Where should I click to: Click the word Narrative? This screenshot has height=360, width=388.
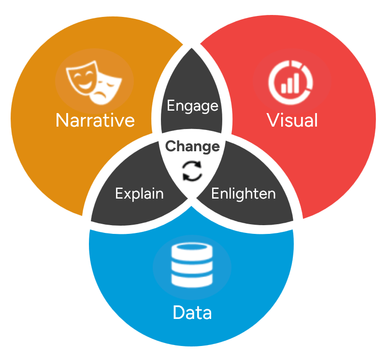click(x=95, y=120)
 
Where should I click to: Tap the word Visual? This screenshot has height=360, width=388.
click(x=292, y=120)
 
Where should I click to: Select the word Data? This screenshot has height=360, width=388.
click(x=192, y=313)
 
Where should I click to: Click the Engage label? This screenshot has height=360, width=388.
click(x=192, y=105)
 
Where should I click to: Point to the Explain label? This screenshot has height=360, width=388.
click(x=139, y=194)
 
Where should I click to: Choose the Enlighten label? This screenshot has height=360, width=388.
click(x=244, y=194)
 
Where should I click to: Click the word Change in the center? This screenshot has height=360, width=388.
click(x=192, y=146)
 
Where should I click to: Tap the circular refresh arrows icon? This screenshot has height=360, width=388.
click(x=192, y=171)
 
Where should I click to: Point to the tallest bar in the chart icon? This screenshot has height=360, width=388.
click(x=295, y=82)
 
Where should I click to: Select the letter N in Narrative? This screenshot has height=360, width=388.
click(x=62, y=120)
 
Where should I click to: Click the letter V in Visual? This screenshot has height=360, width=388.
click(x=273, y=120)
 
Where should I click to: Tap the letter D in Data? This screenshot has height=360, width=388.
click(x=178, y=313)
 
